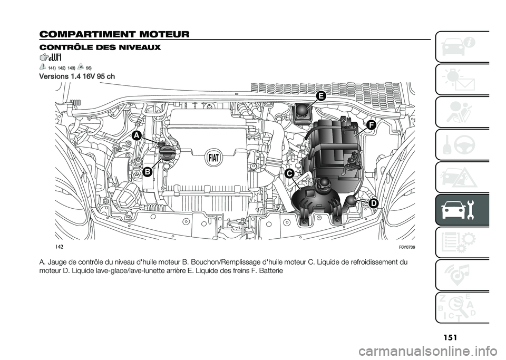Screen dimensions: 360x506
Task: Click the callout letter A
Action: pyautogui.click(x=137, y=135)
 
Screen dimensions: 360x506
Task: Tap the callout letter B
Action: pyautogui.click(x=147, y=171)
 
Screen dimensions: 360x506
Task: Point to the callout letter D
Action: pyautogui.click(x=373, y=203)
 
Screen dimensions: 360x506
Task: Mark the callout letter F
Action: pyautogui.click(x=371, y=125)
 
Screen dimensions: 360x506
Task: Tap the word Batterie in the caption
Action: pyautogui.click(x=271, y=270)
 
